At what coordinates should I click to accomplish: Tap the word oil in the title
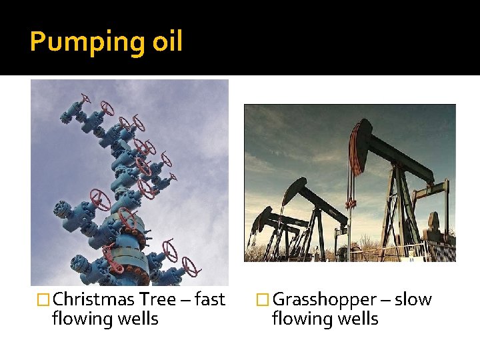[x=167, y=41]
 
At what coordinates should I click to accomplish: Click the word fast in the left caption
[x=210, y=299]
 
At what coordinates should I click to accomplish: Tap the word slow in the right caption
[x=413, y=299]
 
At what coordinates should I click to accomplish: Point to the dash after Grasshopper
[x=386, y=300]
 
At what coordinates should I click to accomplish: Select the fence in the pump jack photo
[x=400, y=252]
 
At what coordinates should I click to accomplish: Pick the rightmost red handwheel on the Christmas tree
[x=191, y=269]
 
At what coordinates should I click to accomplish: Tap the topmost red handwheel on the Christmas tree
[x=85, y=100]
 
